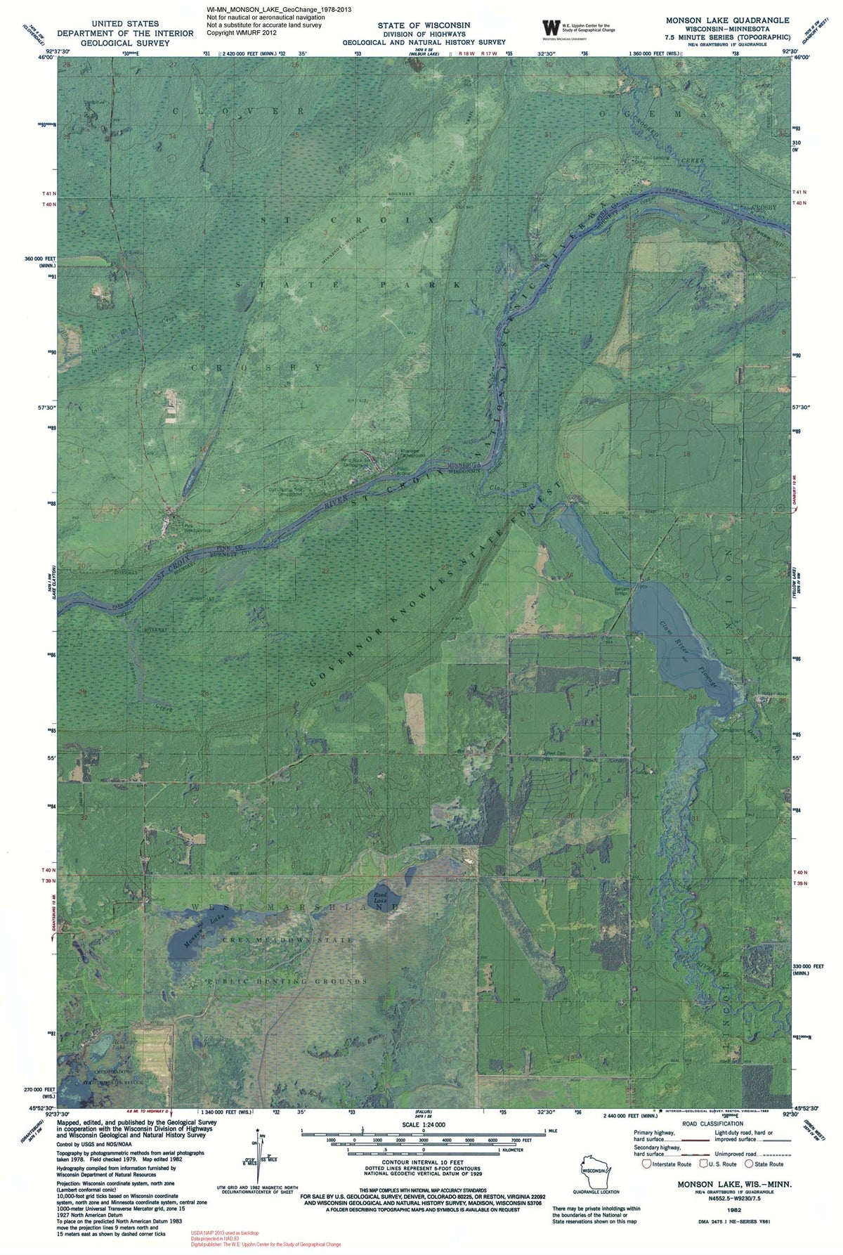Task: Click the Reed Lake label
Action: pos(381,896)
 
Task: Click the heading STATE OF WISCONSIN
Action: pos(424,25)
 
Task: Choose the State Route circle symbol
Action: pos(750,1164)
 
